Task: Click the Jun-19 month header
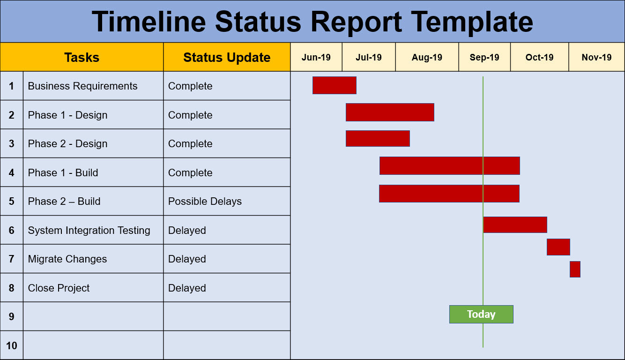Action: [316, 57]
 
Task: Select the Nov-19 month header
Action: [596, 57]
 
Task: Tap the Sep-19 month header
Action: [484, 57]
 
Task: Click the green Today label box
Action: [481, 314]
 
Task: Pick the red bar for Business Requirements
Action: [335, 85]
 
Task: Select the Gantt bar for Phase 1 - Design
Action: [390, 112]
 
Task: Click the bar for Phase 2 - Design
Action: [378, 138]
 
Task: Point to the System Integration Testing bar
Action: [515, 225]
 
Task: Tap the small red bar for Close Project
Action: [575, 269]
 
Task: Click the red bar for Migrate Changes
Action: [558, 247]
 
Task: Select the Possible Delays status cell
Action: [205, 202]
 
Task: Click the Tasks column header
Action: [82, 57]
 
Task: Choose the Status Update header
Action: [227, 57]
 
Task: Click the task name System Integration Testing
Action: [89, 230]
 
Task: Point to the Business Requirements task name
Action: [82, 86]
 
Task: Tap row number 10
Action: [12, 345]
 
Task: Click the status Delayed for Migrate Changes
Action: [187, 259]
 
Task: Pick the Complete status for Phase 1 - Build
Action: [190, 172]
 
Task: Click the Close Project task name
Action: [59, 288]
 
